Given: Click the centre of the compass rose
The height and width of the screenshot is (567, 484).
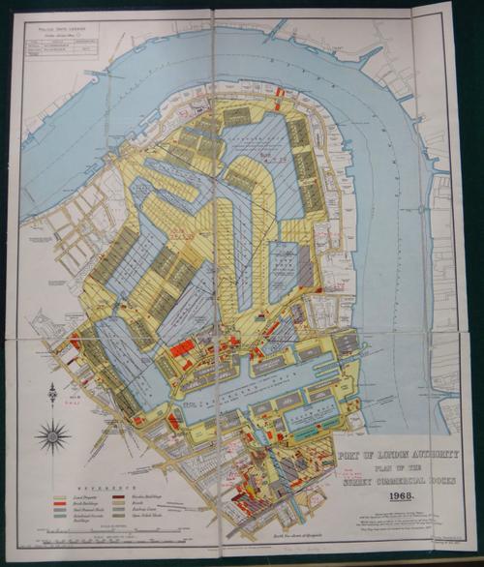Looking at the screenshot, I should tap(52, 435).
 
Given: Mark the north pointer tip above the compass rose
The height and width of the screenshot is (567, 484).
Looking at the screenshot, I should tap(52, 386).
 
